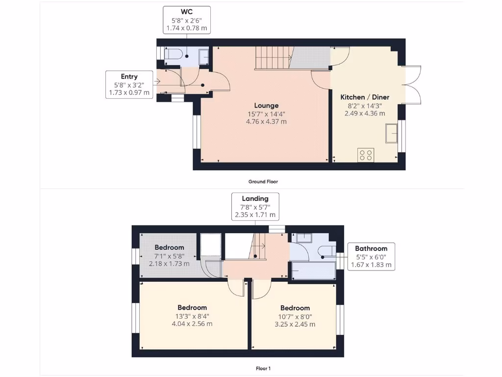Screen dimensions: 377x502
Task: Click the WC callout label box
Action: tap(186, 20)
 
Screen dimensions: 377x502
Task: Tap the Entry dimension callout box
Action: tap(129, 84)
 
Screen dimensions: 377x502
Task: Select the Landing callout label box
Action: tap(255, 206)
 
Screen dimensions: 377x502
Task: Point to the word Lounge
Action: tap(266, 106)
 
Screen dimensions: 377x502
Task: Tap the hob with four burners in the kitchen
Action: tap(366, 155)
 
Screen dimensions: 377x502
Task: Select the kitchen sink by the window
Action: tap(392, 133)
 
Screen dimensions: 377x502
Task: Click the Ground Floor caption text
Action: tap(263, 182)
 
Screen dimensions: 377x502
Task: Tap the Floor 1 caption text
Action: tap(263, 368)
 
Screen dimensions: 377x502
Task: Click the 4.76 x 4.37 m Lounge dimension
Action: tap(266, 122)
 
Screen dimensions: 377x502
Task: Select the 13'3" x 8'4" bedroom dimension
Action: tap(192, 316)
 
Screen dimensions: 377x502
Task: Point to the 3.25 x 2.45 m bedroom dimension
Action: tap(295, 324)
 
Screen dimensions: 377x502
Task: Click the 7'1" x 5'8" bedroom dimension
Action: tap(169, 256)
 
